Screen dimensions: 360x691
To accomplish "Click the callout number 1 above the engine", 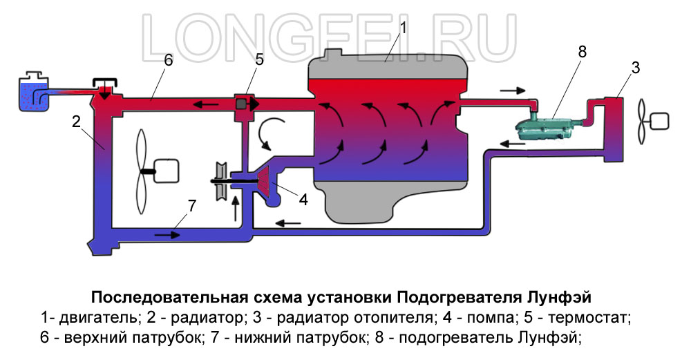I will (x=404, y=28).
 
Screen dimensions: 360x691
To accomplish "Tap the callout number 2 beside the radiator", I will (x=77, y=122).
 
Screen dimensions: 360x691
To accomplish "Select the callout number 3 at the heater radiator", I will (x=636, y=68).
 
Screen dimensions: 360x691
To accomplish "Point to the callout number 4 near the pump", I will (x=303, y=199).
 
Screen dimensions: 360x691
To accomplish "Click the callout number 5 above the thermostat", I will (x=259, y=59).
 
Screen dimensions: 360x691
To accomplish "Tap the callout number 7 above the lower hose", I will (x=191, y=205).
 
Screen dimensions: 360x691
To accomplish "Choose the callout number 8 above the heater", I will (x=582, y=51).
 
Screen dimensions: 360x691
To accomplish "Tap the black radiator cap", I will (x=106, y=84).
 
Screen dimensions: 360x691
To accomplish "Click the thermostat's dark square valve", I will (x=242, y=104).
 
